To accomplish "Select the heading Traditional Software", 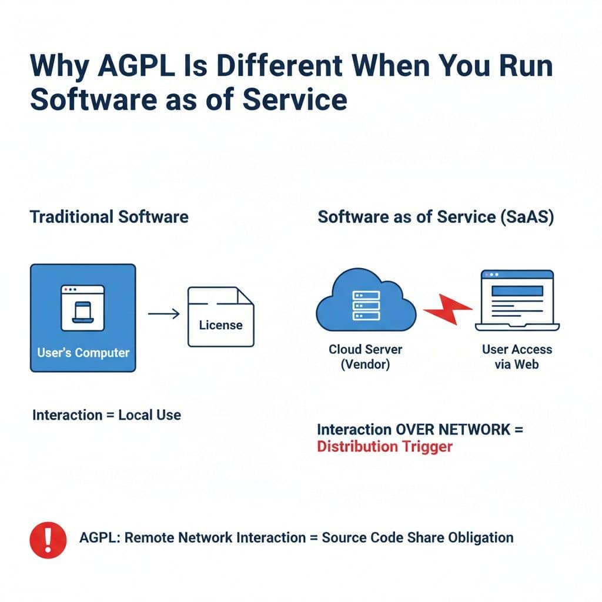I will pos(109,216).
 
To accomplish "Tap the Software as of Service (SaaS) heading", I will pos(436,216).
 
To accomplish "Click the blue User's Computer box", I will pos(83,317).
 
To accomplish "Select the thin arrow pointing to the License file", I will pos(163,314).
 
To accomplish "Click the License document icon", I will pos(220,316).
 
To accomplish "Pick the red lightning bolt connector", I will pos(448,309).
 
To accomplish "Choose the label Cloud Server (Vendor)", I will pos(365,356).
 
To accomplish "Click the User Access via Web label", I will pos(517,356).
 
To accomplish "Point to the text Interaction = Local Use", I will pos(106,415).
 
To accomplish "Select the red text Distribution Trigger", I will pos(384,446).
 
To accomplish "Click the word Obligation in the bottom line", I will pos(480,537).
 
